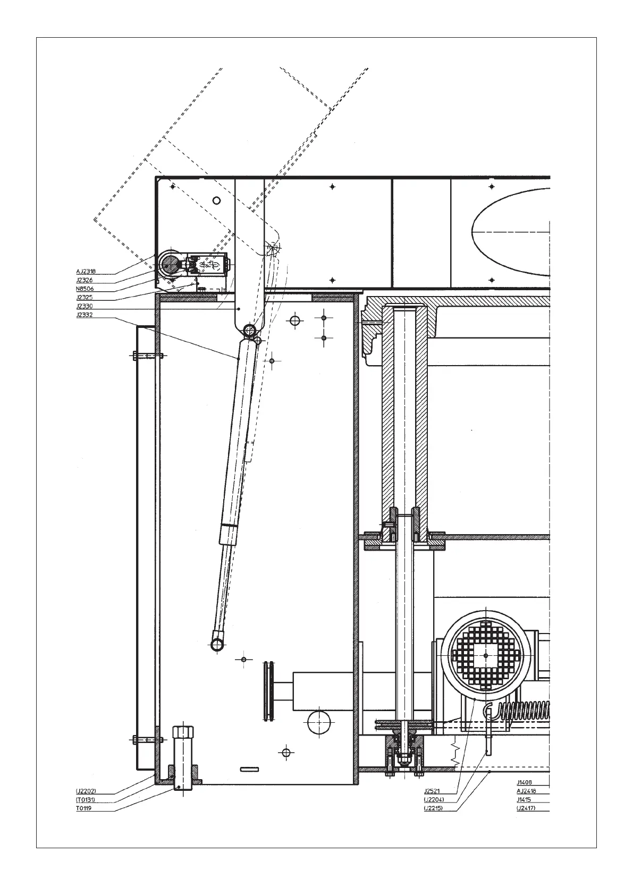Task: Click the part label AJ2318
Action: pos(86,272)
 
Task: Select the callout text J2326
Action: pos(85,280)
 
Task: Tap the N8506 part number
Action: pos(85,289)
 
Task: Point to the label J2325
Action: pos(85,298)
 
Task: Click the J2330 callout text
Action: pos(85,306)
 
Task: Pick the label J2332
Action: pos(85,315)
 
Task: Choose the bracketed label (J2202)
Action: pos(86,791)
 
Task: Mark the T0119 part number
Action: pos(83,808)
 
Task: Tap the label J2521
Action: pos(432,791)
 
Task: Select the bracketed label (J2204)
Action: pos(434,799)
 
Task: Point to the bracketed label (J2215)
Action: pos(434,808)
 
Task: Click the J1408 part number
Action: pos(525,782)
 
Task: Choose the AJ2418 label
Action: pos(526,791)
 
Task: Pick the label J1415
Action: pos(525,799)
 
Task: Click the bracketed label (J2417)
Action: pos(526,808)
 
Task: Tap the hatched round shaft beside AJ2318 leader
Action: pos(171,264)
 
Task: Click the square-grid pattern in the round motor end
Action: pos(485,654)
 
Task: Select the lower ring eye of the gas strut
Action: pos(217,644)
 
